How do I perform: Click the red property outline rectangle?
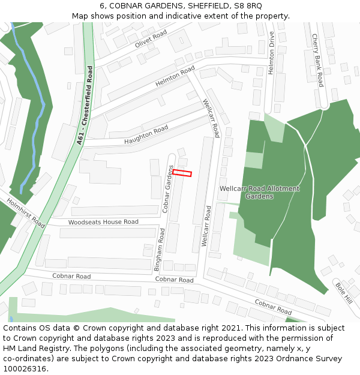click(x=182, y=173)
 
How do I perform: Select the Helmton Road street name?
click(x=175, y=76)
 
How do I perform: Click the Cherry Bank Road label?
click(x=317, y=60)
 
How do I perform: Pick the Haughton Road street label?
click(x=146, y=136)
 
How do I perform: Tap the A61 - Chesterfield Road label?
click(x=85, y=106)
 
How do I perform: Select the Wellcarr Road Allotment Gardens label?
click(x=259, y=192)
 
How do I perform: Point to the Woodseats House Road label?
click(x=103, y=222)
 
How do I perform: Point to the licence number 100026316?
click(x=25, y=368)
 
